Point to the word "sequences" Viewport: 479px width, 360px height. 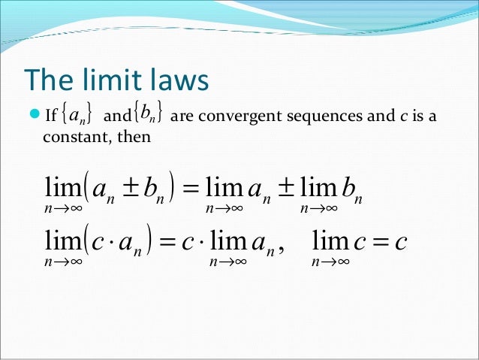tap(315, 116)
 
